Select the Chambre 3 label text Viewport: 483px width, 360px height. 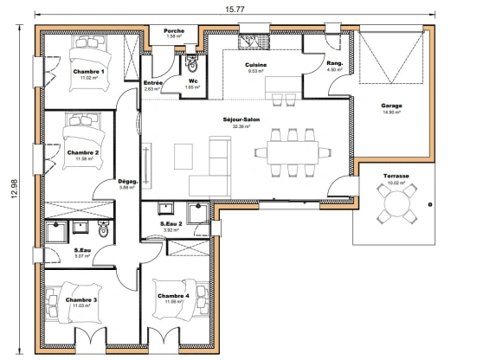click(80, 299)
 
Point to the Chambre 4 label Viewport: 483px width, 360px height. click(174, 295)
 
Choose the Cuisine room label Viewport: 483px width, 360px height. click(255, 65)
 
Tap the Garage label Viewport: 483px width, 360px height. click(391, 106)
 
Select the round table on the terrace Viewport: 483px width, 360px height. click(397, 205)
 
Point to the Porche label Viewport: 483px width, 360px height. click(174, 30)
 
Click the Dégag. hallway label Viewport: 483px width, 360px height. click(128, 181)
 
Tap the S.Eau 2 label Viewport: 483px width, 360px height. click(171, 224)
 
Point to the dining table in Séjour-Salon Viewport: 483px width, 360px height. click(292, 152)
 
